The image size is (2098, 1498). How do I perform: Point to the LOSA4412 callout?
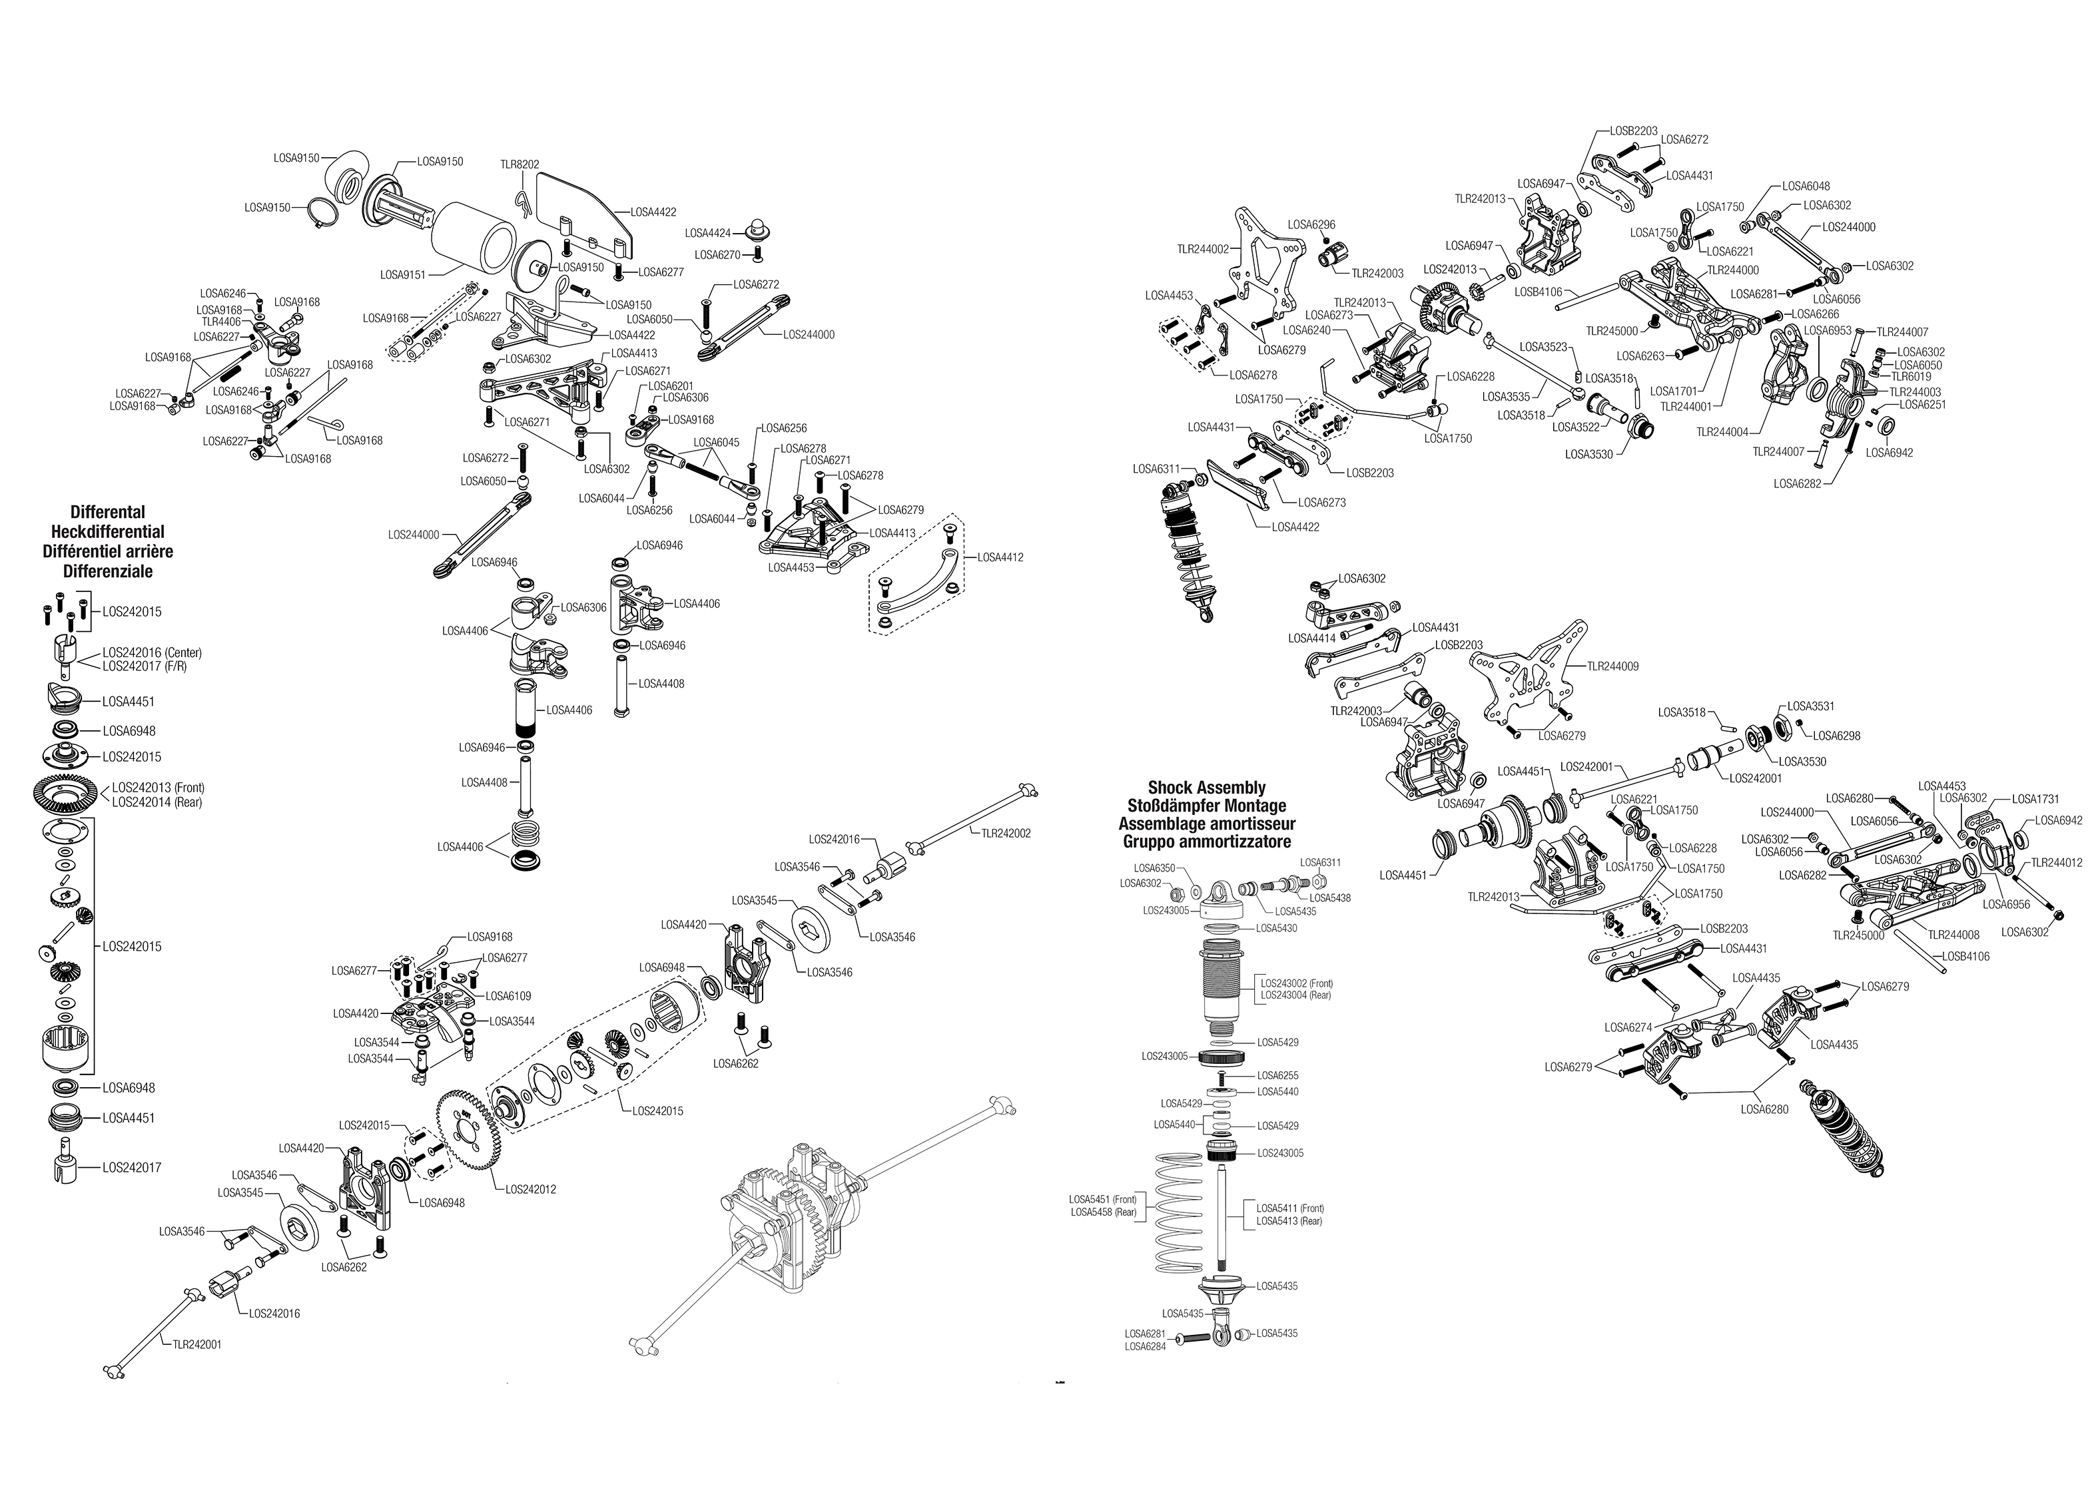tap(1000, 557)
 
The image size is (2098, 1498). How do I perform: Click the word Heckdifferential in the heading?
tap(108, 531)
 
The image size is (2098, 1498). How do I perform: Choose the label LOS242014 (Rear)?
tap(157, 802)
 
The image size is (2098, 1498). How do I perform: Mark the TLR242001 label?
tap(197, 1344)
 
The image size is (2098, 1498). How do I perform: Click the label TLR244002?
tap(1202, 248)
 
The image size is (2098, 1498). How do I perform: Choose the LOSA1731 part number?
tap(2035, 799)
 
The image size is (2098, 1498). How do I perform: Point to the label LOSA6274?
tap(1628, 1027)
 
